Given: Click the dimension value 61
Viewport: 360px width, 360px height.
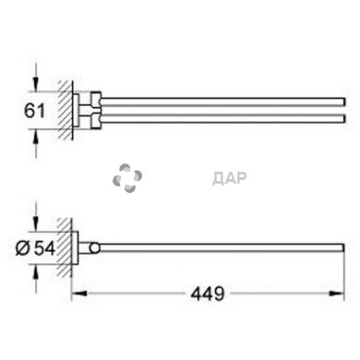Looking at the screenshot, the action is (x=34, y=111).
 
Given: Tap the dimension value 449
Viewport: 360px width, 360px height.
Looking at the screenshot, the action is (x=208, y=294).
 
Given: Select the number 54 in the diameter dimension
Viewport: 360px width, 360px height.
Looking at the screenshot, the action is (x=45, y=248).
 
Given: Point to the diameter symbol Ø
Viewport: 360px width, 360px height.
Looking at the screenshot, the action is (x=23, y=248).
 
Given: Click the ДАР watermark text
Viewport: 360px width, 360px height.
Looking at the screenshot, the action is (x=230, y=178).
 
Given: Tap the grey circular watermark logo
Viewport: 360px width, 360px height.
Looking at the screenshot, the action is (x=127, y=178).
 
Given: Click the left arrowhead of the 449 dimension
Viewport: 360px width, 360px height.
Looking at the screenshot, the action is (x=79, y=294).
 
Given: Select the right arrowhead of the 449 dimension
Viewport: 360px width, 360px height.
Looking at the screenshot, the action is (x=336, y=294).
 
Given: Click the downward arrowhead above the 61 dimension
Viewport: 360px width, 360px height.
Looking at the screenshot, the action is (x=36, y=84).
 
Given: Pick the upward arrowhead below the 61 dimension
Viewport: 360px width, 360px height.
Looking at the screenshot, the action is (x=36, y=138).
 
